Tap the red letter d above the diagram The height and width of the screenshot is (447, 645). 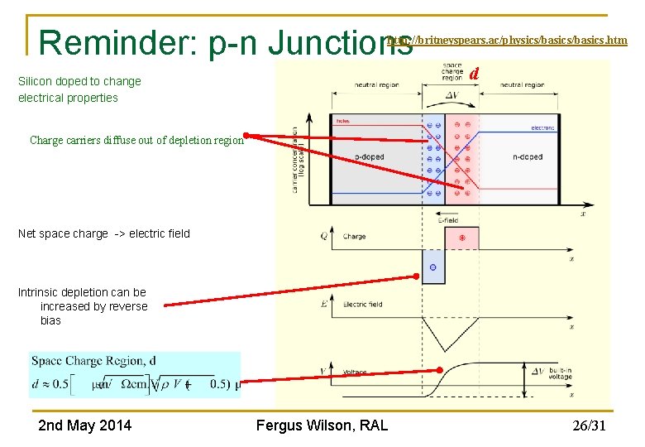coord(474,74)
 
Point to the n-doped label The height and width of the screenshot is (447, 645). coord(528,157)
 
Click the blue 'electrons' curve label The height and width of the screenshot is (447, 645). coord(542,128)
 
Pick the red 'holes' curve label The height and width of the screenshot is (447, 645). coord(342,122)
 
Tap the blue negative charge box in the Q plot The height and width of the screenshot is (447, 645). coord(433,268)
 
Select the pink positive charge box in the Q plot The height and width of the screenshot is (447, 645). coord(461,238)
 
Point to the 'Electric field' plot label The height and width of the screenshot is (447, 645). coord(362,304)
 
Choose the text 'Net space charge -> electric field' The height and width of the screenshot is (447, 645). coord(104,233)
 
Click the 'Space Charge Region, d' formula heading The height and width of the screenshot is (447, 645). coord(93,361)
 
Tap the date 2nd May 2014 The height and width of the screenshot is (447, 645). coord(84,425)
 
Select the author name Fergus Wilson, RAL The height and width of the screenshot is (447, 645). coord(322,425)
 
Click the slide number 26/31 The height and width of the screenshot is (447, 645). coord(589,426)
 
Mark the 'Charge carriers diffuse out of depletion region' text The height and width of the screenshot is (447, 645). coord(136,140)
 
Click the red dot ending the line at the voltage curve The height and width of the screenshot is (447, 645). coord(440,370)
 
